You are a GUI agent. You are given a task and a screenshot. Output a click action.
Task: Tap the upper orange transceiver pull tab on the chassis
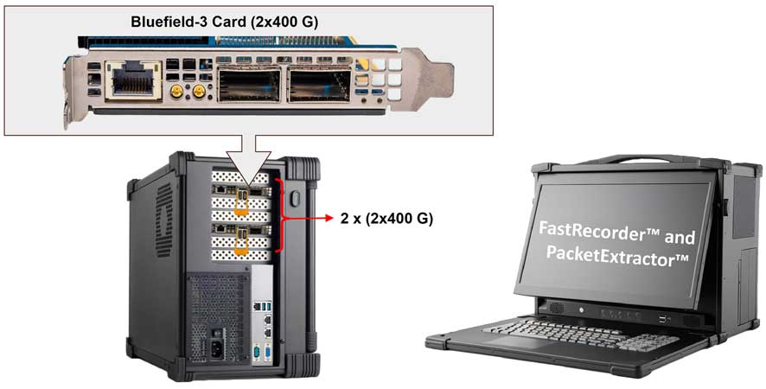click(x=243, y=201)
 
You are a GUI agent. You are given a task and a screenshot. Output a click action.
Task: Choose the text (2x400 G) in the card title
click(x=257, y=21)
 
